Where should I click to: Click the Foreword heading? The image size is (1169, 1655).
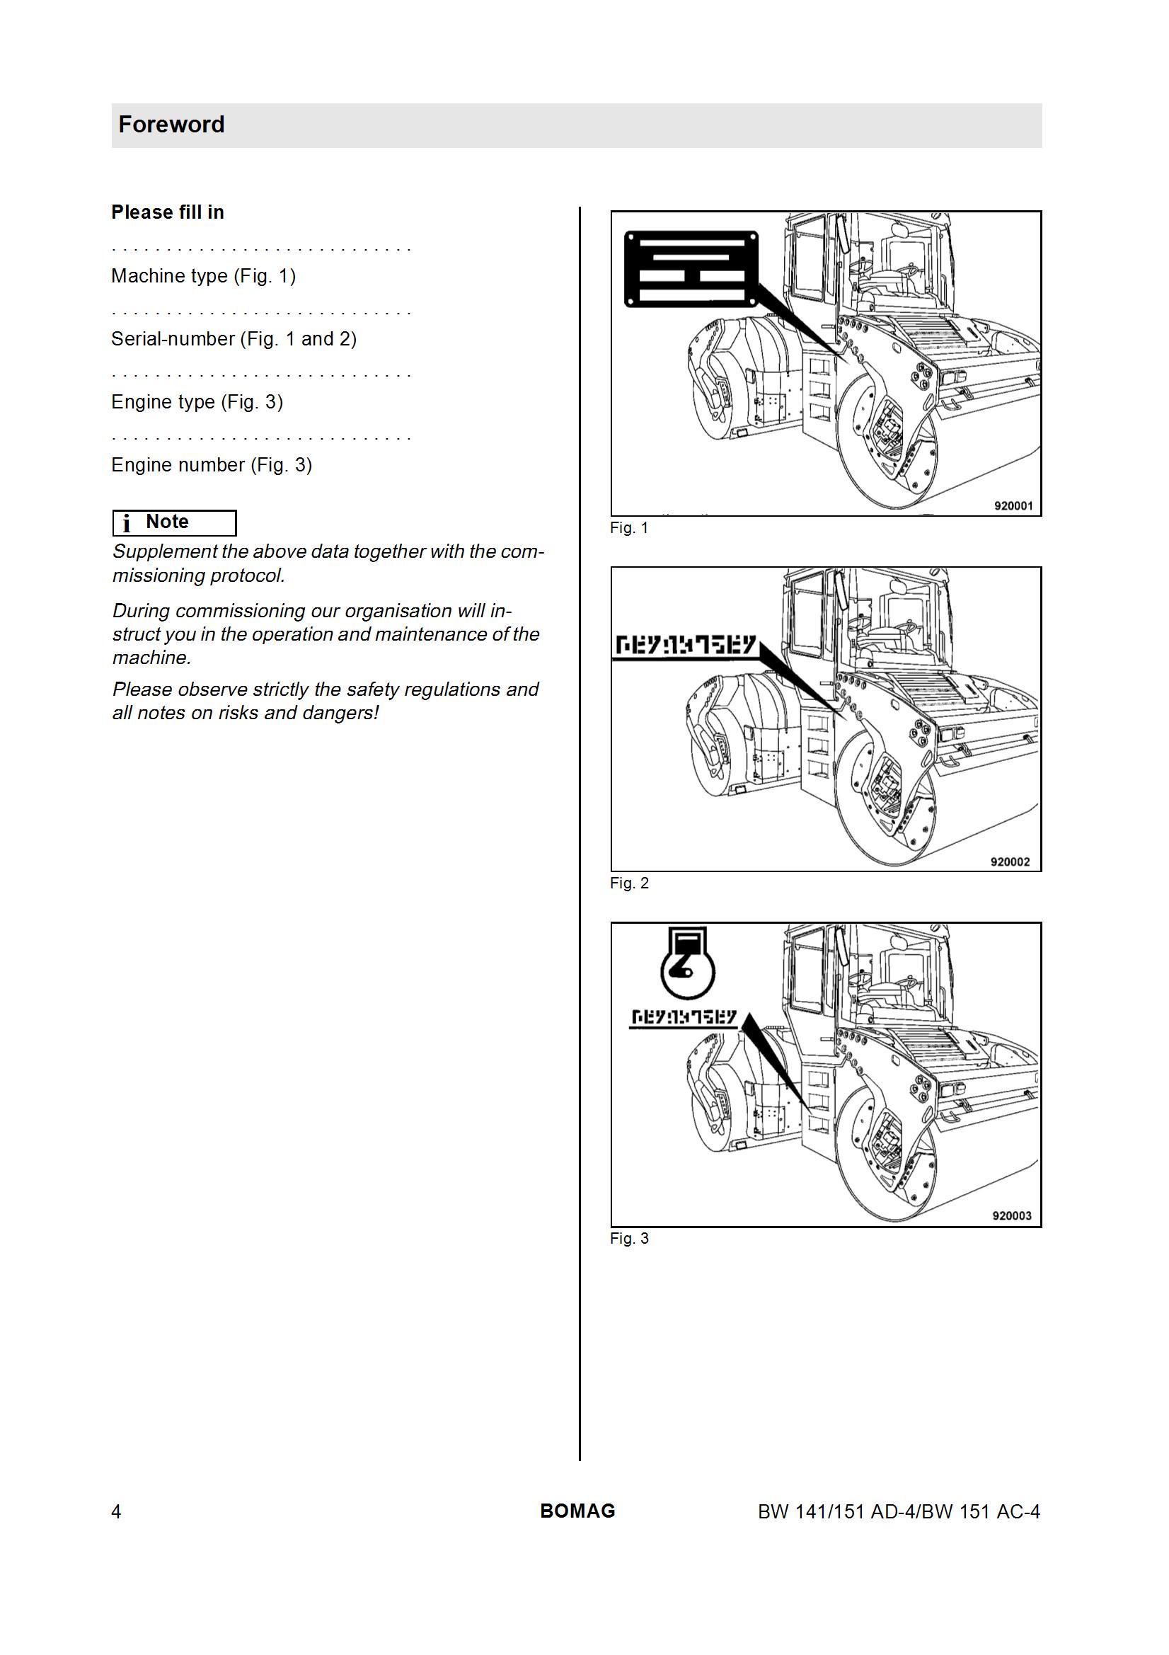click(171, 125)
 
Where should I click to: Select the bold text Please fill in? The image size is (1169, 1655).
click(167, 212)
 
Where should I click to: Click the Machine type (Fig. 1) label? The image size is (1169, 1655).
click(203, 276)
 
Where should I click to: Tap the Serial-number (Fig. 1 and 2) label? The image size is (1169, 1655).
click(234, 339)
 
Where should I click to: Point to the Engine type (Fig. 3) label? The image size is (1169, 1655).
click(197, 402)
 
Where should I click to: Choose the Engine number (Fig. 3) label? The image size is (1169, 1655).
click(211, 465)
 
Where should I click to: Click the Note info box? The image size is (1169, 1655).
click(174, 522)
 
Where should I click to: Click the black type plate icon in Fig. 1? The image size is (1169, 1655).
click(691, 268)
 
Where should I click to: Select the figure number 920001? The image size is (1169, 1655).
click(1013, 506)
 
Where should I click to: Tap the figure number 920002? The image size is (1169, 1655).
click(1010, 861)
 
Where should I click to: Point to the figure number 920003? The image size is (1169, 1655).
click(1012, 1215)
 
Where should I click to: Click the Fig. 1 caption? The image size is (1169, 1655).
click(629, 527)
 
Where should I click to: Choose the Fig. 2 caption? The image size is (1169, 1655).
click(629, 883)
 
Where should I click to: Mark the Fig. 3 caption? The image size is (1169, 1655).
click(629, 1238)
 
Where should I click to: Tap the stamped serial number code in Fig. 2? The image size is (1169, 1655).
click(685, 646)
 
